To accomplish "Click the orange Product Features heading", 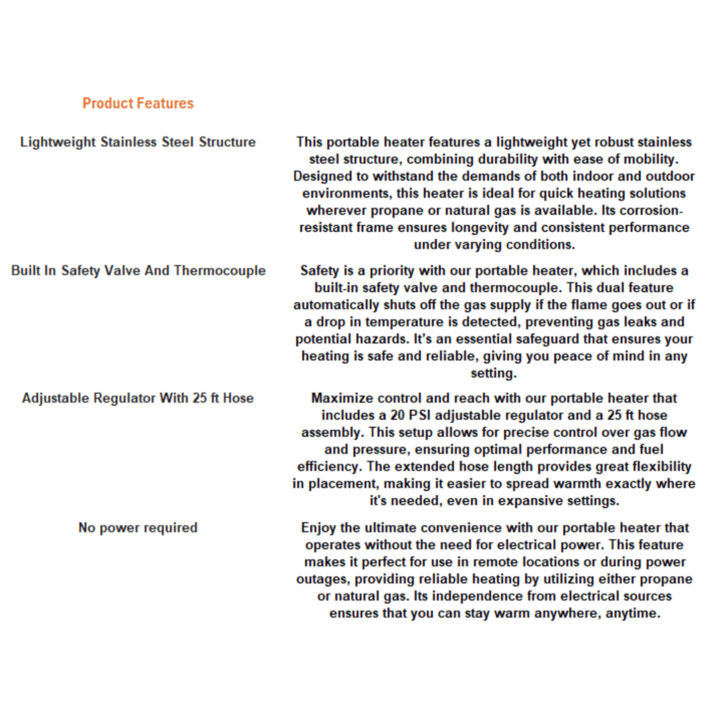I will pyautogui.click(x=138, y=103).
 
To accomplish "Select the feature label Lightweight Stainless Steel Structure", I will pyautogui.click(x=138, y=142).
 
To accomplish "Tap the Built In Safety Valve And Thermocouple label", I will pyautogui.click(x=138, y=271).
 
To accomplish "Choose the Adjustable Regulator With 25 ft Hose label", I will pyautogui.click(x=138, y=398).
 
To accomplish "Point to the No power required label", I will pyautogui.click(x=138, y=527).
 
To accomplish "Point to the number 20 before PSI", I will pyautogui.click(x=398, y=415).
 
